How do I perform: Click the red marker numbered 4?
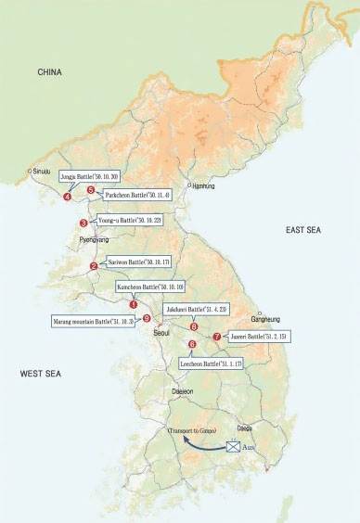pyautogui.click(x=68, y=197)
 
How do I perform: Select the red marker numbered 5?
pyautogui.click(x=91, y=190)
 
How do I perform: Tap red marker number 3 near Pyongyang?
pyautogui.click(x=84, y=223)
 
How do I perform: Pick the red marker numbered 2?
pyautogui.click(x=94, y=266)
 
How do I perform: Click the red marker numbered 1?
pyautogui.click(x=134, y=303)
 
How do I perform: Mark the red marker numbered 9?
pyautogui.click(x=147, y=318)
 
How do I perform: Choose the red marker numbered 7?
pyautogui.click(x=216, y=337)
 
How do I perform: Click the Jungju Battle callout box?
pyautogui.click(x=89, y=175)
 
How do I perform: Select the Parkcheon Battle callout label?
pyautogui.click(x=134, y=197)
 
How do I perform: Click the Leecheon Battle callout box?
pyautogui.click(x=212, y=365)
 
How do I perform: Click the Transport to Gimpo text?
pyautogui.click(x=191, y=432)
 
